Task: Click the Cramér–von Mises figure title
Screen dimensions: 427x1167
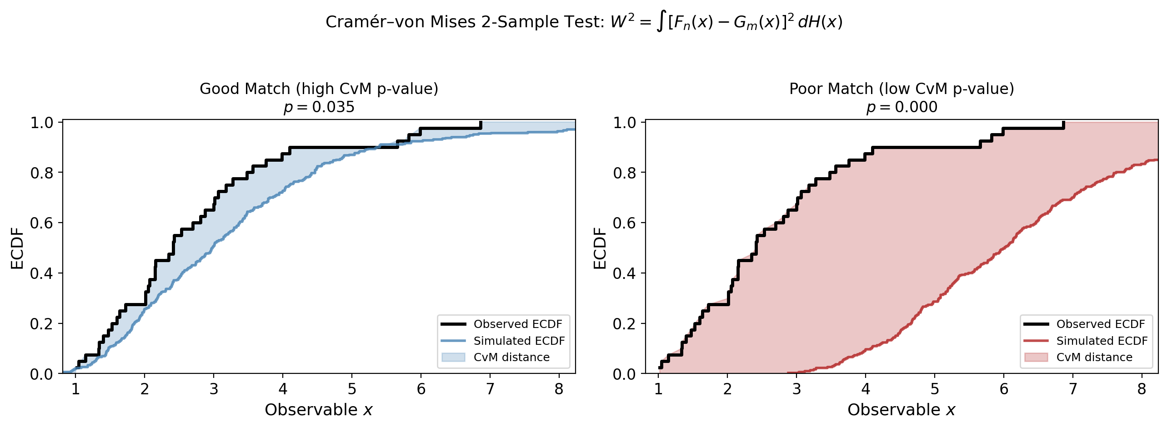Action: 584,22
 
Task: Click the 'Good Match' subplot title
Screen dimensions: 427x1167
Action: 319,89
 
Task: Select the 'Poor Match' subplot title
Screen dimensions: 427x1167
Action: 902,89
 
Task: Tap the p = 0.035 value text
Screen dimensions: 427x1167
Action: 319,107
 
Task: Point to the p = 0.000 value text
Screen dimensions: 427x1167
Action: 902,107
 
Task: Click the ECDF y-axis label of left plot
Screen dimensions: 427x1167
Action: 17,248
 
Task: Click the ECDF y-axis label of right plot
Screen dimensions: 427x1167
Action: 600,248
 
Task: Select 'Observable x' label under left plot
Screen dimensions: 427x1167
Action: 319,410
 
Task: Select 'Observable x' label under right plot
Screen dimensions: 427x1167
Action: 902,410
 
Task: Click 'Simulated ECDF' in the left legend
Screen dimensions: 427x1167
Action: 519,341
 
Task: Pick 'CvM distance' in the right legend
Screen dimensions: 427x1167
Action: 1094,357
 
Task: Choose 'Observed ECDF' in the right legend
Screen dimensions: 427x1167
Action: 1100,324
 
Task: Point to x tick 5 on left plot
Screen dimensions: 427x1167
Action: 352,389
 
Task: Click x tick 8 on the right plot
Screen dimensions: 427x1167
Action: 1142,389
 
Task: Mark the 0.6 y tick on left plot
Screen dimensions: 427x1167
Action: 41,223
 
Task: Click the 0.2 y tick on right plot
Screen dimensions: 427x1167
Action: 624,324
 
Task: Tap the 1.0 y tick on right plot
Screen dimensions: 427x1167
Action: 624,123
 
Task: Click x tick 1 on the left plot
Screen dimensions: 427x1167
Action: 75,389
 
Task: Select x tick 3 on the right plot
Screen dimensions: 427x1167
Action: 796,389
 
